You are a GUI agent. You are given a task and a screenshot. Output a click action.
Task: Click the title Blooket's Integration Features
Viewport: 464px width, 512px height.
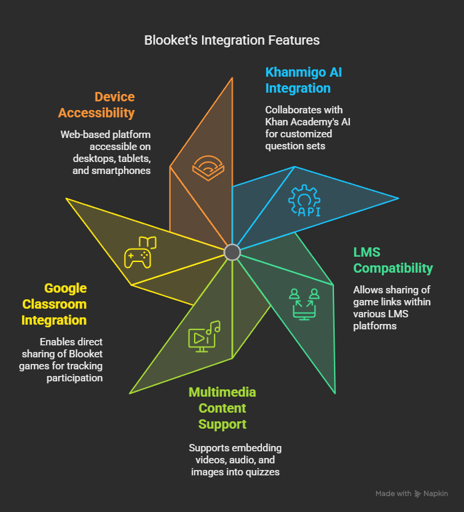232,40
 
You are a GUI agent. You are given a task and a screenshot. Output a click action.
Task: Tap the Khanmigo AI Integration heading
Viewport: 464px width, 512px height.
303,80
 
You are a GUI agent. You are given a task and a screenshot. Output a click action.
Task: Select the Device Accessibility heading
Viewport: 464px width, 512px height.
96,105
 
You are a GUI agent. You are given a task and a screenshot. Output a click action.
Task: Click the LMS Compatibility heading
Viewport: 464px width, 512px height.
393,260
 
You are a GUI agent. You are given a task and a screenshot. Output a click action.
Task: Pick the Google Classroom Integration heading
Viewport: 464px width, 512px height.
54,304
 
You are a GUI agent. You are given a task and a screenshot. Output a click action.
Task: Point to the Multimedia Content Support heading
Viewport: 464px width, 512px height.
223,408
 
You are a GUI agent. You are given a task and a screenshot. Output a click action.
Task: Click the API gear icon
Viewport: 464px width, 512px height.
305,201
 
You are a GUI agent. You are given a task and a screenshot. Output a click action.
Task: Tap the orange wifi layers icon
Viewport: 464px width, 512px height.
208,168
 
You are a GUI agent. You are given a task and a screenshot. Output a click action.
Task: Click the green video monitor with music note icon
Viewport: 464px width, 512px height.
205,336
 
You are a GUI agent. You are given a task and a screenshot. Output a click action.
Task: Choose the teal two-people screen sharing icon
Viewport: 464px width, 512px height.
304,304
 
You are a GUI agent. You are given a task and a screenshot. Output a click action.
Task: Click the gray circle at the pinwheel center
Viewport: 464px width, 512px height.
232,252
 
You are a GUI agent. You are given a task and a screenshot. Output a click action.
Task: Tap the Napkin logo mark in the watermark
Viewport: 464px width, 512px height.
417,494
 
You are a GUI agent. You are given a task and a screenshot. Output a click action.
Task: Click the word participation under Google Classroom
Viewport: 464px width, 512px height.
75,378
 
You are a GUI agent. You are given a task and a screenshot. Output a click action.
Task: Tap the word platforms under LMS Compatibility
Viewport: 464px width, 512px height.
375,326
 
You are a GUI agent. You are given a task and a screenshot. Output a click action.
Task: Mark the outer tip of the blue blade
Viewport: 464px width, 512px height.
399,198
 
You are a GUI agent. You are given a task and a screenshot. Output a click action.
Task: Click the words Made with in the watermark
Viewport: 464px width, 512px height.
393,493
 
